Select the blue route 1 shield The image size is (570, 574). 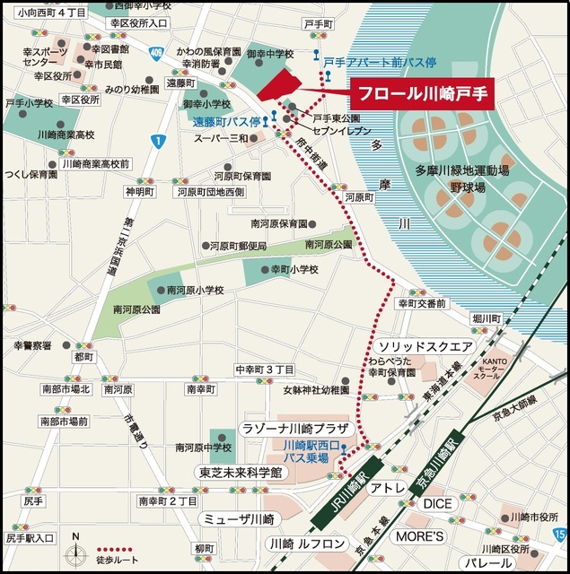click(158, 141)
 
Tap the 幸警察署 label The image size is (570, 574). click(32, 345)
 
